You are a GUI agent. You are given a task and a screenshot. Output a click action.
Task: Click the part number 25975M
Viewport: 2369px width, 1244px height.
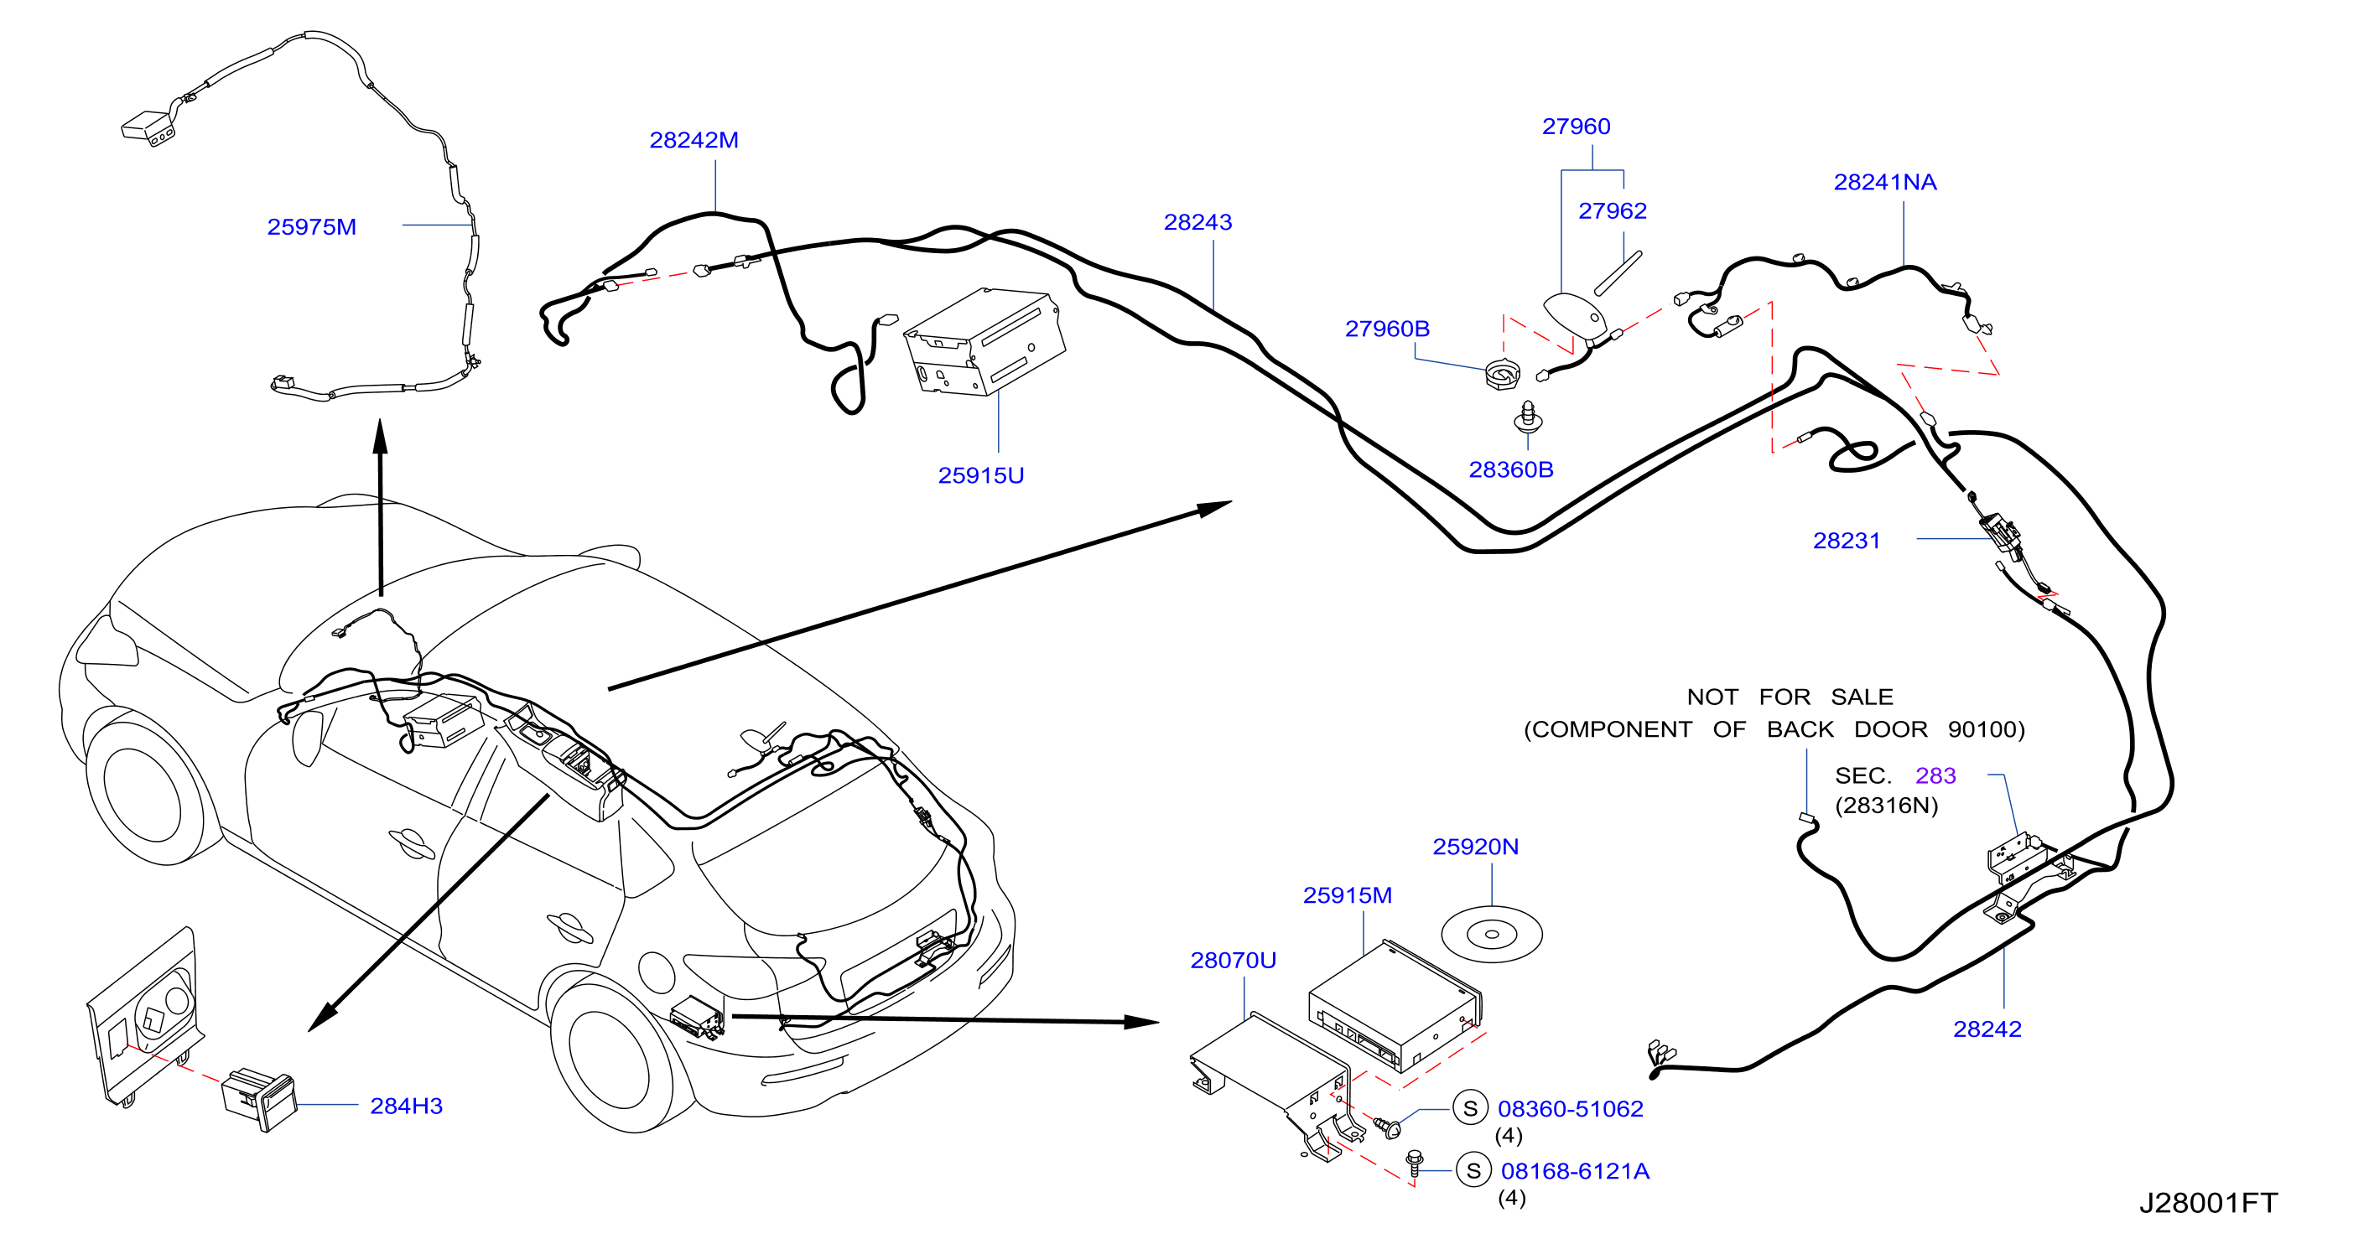coord(311,227)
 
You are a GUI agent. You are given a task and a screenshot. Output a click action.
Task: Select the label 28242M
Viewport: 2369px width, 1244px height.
coord(694,140)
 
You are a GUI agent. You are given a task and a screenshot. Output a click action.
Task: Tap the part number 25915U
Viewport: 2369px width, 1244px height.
coord(980,475)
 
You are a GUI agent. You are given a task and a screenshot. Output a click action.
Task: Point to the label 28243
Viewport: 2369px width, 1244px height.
coord(1197,222)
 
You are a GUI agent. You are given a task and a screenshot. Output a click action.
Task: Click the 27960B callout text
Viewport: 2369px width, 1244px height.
coord(1387,329)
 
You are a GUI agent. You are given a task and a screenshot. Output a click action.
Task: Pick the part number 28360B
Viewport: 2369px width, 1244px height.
coord(1511,469)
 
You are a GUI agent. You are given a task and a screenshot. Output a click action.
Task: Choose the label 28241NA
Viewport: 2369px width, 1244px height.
coord(1884,182)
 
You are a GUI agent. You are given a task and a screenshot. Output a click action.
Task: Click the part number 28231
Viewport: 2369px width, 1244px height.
coord(1846,541)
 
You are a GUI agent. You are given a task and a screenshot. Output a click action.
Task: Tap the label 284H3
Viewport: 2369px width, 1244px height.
coord(406,1106)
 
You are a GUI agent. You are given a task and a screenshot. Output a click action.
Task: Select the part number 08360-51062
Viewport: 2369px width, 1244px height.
coord(1570,1109)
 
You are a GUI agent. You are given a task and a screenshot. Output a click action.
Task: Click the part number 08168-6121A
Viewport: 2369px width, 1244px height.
coord(1574,1171)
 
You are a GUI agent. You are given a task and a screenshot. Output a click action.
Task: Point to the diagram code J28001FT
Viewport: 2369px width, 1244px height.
coord(2207,1203)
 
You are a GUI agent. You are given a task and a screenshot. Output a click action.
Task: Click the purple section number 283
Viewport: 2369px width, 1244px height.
coord(1935,776)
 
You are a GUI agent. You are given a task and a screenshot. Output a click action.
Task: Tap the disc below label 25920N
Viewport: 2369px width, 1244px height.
coord(1491,934)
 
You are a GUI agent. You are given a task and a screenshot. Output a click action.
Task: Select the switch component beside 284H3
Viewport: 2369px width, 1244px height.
coord(259,1099)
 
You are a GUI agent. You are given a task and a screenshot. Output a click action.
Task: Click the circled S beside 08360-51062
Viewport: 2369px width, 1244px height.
coord(1469,1109)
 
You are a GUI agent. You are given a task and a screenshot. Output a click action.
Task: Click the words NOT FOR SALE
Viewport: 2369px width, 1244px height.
coord(1789,697)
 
